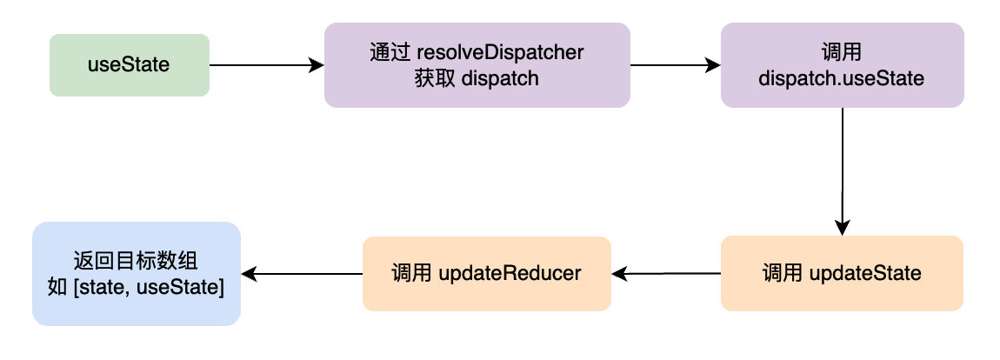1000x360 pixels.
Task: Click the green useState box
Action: pos(130,65)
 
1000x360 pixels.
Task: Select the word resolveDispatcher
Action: pos(501,51)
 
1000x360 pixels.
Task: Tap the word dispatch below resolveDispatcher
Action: pos(499,78)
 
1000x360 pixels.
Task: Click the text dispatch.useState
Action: pos(842,78)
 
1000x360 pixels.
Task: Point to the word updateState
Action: pos(865,274)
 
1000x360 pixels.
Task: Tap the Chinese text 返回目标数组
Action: pos(136,261)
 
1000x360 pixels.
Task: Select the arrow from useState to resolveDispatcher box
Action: pos(267,65)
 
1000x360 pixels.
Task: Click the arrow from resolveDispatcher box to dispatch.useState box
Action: pos(676,65)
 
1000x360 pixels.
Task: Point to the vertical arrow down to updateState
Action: pos(843,171)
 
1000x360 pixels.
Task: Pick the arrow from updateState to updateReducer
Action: pos(666,274)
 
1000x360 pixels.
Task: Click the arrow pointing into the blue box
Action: pos(302,274)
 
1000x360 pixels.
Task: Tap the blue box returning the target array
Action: pos(137,274)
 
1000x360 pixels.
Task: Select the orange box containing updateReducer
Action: pos(487,274)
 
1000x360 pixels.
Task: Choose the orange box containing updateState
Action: pos(842,274)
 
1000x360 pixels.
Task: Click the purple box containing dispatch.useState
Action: pos(843,65)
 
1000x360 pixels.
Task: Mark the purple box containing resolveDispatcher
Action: pos(477,65)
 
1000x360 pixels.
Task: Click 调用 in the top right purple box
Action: pos(842,52)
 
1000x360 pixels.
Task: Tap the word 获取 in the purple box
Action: pos(434,78)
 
